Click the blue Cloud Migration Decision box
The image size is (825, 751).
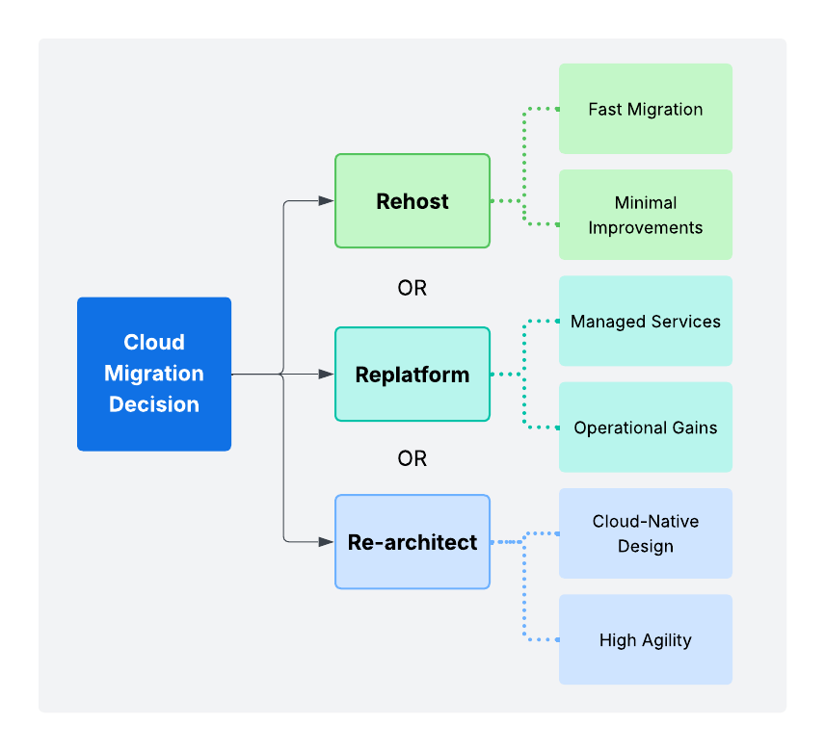tap(154, 374)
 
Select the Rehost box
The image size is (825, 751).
tap(412, 201)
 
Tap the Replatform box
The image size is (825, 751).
tap(412, 375)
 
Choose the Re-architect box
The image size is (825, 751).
tap(412, 542)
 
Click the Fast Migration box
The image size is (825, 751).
tap(645, 109)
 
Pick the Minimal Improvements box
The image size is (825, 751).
tap(645, 215)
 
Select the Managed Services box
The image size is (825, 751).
tap(645, 322)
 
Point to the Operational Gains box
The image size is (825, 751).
tap(645, 427)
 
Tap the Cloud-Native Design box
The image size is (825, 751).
tap(645, 533)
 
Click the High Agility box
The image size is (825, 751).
tap(645, 640)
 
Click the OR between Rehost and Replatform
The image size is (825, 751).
tap(412, 288)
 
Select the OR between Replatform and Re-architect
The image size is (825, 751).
tap(412, 458)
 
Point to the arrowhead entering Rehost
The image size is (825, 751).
tap(327, 201)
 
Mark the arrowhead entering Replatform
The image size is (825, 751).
tap(327, 375)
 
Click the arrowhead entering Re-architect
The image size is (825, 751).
tap(327, 542)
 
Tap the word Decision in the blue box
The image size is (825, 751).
tap(154, 404)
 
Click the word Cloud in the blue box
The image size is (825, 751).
tap(154, 343)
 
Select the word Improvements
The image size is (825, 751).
tap(645, 228)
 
